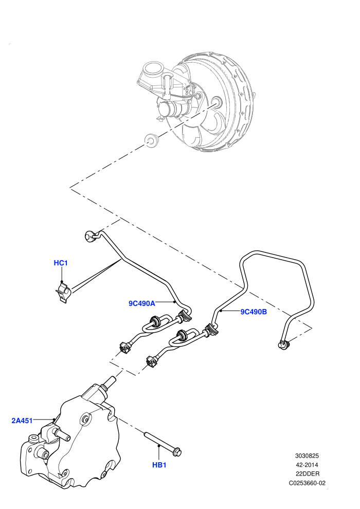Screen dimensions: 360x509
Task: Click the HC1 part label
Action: point(61,263)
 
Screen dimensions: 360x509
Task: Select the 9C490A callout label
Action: point(142,303)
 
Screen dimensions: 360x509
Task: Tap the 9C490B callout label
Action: point(254,312)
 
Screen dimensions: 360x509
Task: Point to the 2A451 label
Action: point(22,421)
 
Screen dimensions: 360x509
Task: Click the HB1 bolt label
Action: point(159,465)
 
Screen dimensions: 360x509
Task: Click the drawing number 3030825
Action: point(307,456)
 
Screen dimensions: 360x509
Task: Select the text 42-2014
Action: point(307,465)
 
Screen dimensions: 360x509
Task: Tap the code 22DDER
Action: point(307,474)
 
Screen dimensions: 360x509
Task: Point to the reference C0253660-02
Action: point(307,483)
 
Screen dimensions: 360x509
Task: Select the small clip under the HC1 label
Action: point(63,291)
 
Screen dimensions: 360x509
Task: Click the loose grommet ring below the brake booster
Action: point(151,139)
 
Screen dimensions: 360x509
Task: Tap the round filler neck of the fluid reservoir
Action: point(152,69)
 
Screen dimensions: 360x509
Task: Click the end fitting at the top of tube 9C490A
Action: point(89,236)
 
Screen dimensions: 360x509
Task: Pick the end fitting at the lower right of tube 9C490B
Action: point(283,344)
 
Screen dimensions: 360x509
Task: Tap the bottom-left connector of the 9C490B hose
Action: point(151,361)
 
